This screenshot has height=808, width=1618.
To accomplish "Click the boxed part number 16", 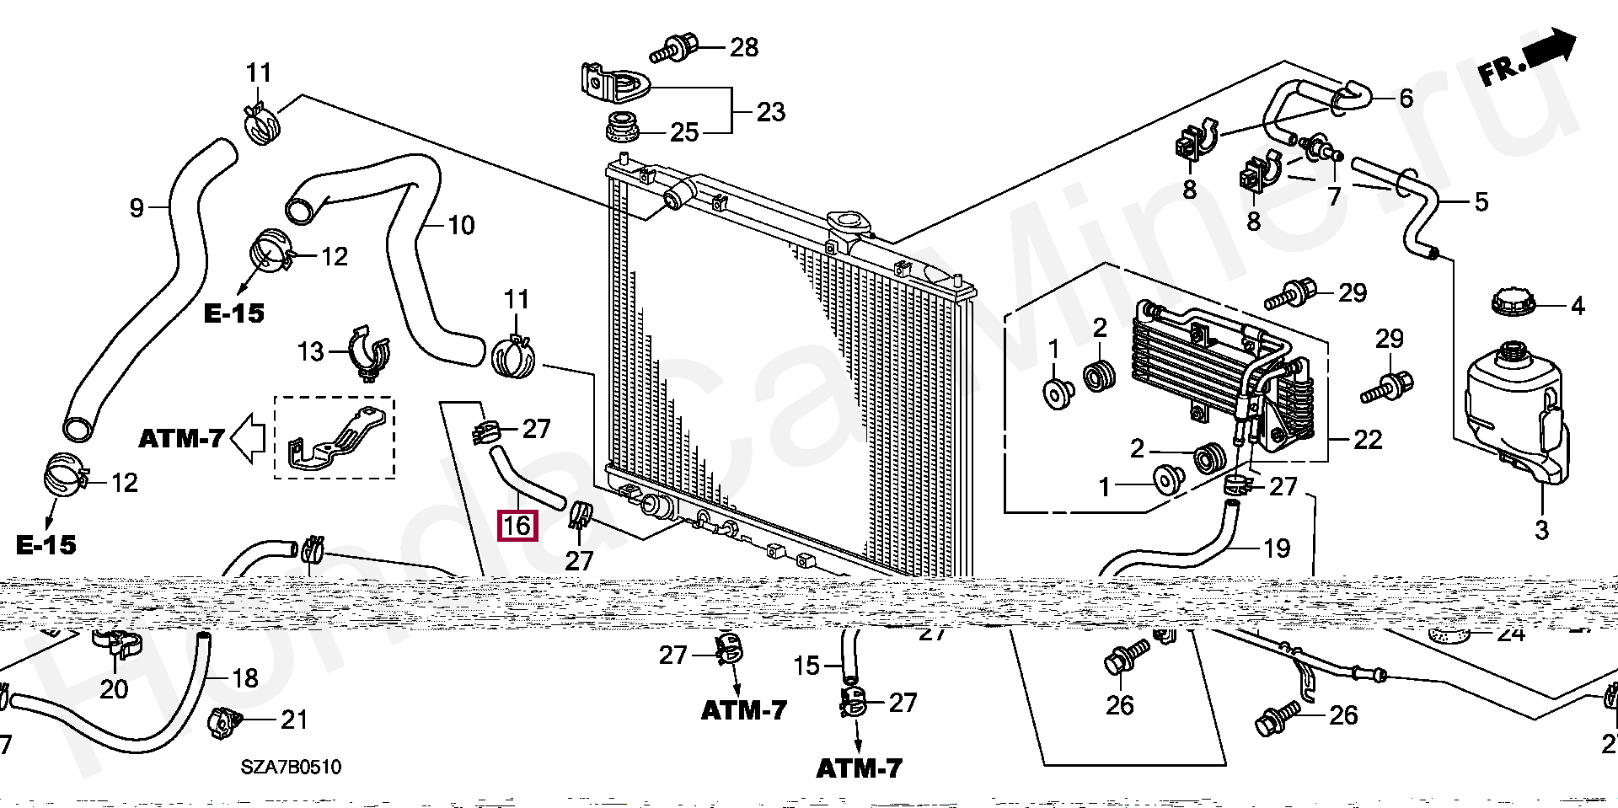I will coord(517,526).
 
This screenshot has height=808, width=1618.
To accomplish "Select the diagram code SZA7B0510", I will coord(291,767).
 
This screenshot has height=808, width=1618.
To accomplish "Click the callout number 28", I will coord(744,47).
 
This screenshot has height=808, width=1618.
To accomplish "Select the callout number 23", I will coord(770,112).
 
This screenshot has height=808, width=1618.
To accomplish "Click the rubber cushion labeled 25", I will coord(624,128).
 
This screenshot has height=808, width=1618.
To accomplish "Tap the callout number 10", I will coord(461,225).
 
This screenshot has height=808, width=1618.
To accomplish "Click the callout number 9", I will coord(137,207).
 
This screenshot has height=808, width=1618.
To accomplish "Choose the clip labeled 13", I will coord(369,352).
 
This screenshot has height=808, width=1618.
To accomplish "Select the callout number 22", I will coord(1368,439).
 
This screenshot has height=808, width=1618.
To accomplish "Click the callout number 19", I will coord(1277,548).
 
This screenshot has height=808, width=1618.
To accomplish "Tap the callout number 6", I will coord(1406,98).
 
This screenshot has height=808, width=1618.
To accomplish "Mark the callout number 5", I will coord(1481,201).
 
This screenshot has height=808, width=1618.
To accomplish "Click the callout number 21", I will coord(294,720).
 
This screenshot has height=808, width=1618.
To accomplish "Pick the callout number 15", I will coord(806,666).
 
